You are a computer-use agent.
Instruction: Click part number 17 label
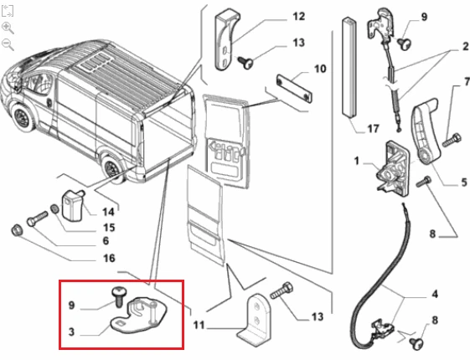[x=373, y=129]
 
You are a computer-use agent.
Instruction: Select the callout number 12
[x=298, y=16]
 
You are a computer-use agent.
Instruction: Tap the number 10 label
[x=320, y=69]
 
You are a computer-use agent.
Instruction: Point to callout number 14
[x=108, y=212]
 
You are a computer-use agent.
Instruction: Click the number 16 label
[x=109, y=258]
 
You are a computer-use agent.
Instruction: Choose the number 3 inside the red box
[x=71, y=332]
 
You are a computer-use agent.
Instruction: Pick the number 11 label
[x=199, y=325]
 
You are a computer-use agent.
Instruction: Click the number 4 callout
[x=435, y=294]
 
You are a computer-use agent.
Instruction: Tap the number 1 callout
[x=356, y=161]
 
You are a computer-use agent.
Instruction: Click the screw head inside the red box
[x=119, y=291]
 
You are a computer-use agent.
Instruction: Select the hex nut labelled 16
[x=16, y=230]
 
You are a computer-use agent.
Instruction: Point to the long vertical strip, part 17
[x=349, y=67]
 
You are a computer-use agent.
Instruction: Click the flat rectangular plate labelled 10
[x=294, y=89]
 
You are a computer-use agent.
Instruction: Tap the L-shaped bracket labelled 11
[x=255, y=321]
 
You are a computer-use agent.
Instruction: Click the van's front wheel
[x=22, y=117]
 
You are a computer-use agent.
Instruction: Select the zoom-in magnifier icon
[x=8, y=28]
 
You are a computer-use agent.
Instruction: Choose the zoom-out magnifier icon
[x=8, y=45]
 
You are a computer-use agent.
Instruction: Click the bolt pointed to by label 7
[x=452, y=140]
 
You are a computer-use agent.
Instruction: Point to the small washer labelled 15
[x=54, y=208]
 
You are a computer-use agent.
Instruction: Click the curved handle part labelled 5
[x=425, y=131]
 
